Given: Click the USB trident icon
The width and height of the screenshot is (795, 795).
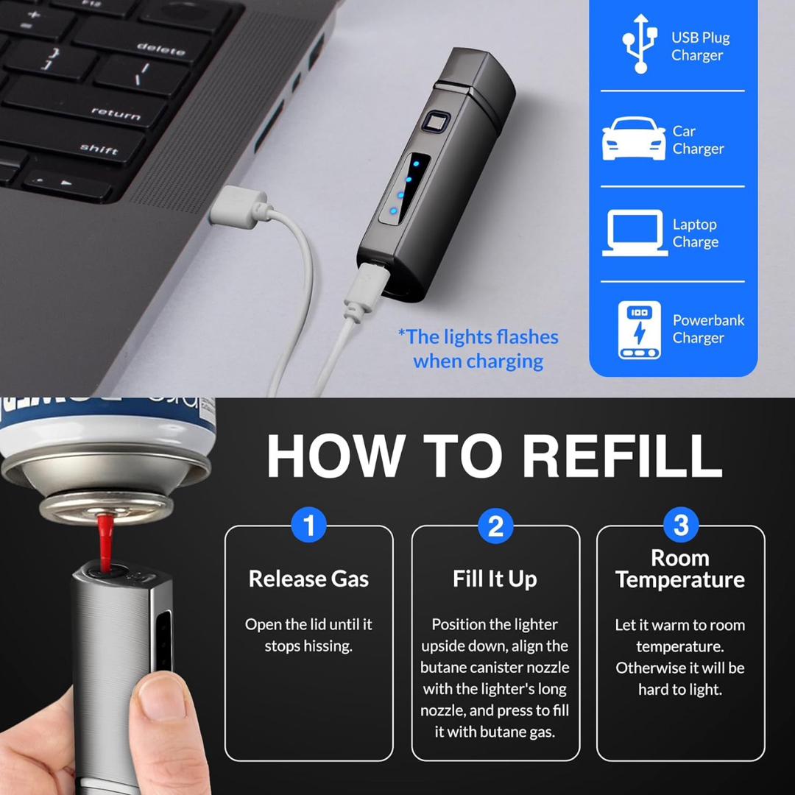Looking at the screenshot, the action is (640, 43).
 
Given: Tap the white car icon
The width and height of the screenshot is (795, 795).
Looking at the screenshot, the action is (633, 138).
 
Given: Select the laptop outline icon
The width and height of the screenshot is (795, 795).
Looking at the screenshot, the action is (635, 233).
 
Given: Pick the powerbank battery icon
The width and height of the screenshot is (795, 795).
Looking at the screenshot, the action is (640, 330).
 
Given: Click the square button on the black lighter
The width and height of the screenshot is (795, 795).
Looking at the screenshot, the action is (435, 124).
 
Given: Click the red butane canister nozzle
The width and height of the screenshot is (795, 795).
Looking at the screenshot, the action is (105, 542).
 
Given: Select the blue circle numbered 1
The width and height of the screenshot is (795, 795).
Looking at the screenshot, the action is (308, 525).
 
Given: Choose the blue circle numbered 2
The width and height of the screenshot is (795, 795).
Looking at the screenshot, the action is (495, 526).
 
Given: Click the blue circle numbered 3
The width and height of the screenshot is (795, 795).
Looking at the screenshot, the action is (681, 525).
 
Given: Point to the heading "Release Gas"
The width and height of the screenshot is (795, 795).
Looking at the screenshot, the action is (308, 579).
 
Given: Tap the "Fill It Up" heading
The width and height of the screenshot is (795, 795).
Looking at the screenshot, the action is (495, 579).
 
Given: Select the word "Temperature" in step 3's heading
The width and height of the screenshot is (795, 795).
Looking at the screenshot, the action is (680, 580).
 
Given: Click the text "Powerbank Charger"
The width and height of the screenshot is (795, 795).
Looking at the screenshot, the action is (708, 329).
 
